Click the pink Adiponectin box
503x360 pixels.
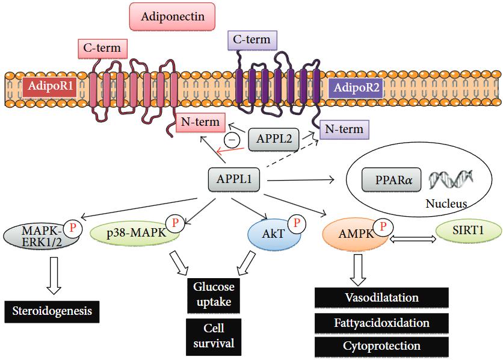(173, 17)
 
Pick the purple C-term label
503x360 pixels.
(252, 40)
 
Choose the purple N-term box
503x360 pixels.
(342, 129)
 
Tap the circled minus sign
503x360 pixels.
(230, 140)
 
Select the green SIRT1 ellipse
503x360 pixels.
(470, 229)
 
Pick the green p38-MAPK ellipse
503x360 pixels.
(134, 233)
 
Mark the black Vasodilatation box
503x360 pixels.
(381, 298)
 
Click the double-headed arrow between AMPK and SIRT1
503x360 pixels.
(412, 238)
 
